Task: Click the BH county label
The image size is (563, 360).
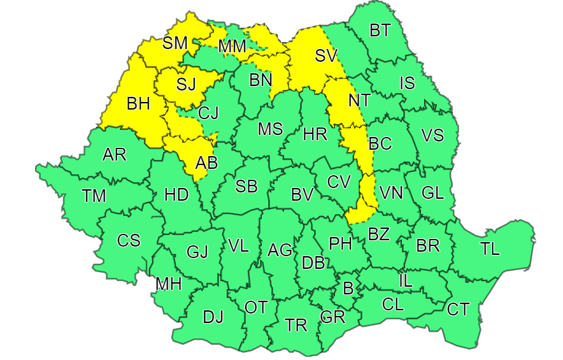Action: (x=138, y=104)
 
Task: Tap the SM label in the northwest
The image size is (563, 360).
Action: (x=175, y=43)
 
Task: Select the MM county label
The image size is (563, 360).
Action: (x=232, y=47)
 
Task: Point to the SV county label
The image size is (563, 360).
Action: (x=325, y=55)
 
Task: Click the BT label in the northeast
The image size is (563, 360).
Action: (x=380, y=30)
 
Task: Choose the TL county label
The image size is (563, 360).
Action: (x=490, y=249)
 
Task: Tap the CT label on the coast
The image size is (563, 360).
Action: (x=458, y=310)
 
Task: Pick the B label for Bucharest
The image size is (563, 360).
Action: (x=348, y=288)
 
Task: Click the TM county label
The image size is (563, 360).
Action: (x=94, y=196)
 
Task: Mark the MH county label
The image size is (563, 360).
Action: (x=168, y=284)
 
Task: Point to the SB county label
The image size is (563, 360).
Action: (x=246, y=187)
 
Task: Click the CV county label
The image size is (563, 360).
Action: (x=339, y=182)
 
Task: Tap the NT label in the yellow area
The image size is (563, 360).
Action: (x=359, y=101)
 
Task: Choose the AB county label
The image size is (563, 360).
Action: (x=206, y=162)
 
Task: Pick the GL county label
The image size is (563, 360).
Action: (x=432, y=192)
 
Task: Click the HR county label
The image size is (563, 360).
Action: (x=315, y=134)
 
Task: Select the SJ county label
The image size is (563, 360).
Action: (x=185, y=83)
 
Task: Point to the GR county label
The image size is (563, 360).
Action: (x=332, y=317)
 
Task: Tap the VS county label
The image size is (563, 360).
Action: (x=432, y=136)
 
